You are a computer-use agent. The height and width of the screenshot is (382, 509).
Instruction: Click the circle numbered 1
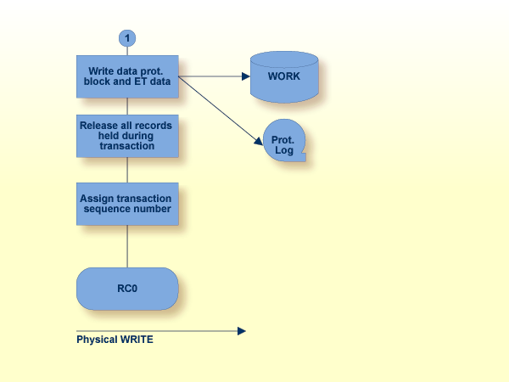click(x=127, y=38)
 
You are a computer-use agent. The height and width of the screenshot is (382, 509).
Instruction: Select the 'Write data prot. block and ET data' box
click(x=127, y=76)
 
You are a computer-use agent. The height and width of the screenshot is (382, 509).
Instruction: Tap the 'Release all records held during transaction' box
click(x=127, y=136)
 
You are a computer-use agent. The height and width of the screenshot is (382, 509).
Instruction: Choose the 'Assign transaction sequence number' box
click(x=127, y=204)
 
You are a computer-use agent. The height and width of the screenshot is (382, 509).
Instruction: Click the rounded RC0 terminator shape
click(x=127, y=289)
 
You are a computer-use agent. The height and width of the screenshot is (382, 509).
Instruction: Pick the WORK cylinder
click(x=284, y=76)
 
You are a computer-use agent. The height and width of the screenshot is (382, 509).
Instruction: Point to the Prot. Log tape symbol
click(x=283, y=144)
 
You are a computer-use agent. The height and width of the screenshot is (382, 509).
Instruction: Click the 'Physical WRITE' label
click(x=115, y=340)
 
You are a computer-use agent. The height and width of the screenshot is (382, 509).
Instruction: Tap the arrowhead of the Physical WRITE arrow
click(x=242, y=331)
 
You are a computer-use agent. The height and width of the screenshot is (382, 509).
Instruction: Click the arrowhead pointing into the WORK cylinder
click(x=246, y=76)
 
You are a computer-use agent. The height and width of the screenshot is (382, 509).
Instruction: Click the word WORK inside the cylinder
click(x=284, y=76)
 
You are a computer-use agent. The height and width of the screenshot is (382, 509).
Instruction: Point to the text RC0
click(x=127, y=289)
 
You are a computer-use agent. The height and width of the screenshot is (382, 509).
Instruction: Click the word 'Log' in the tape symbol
click(x=283, y=150)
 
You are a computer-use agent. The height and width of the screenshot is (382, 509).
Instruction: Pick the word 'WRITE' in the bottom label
click(x=136, y=340)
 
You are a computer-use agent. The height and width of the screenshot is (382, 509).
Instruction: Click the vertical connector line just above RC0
click(x=127, y=250)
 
